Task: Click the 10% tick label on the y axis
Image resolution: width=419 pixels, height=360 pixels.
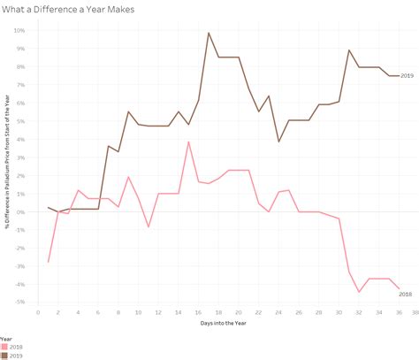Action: point(19,30)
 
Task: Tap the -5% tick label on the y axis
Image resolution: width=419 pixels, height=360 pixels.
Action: point(19,302)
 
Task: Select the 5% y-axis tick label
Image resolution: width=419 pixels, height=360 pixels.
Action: point(21,120)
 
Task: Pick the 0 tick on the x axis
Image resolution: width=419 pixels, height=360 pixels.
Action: point(38,311)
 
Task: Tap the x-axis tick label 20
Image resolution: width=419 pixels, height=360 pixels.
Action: point(238,311)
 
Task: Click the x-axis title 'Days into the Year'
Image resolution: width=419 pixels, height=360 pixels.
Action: point(225,325)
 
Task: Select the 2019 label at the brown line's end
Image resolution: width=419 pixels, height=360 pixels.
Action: point(408,76)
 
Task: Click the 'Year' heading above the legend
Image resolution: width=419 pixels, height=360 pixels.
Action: point(7,338)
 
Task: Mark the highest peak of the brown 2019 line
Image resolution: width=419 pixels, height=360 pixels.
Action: point(209,33)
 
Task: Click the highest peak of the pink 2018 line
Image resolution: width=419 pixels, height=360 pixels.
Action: point(188,142)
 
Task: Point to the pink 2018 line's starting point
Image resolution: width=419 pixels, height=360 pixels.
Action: point(48,262)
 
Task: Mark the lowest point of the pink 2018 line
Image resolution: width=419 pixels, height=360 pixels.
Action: point(359,292)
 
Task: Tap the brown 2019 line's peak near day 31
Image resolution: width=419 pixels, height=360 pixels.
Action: point(349,50)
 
